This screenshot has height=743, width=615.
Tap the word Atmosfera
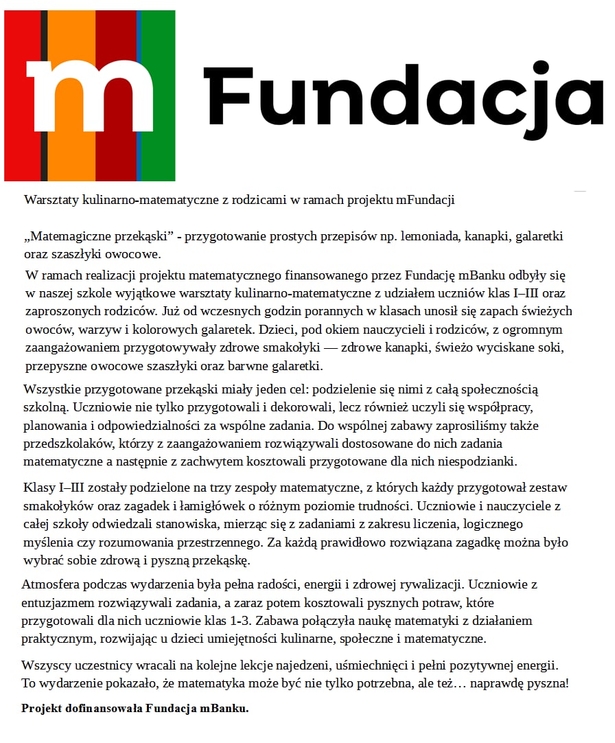[x=51, y=585]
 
